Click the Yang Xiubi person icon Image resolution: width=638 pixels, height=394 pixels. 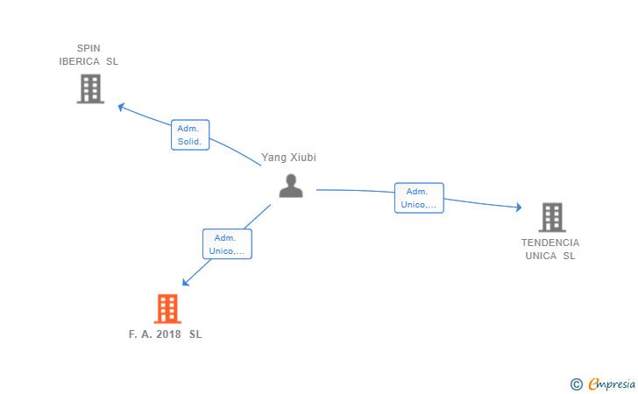(291, 185)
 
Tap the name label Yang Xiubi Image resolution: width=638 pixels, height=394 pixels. (288, 158)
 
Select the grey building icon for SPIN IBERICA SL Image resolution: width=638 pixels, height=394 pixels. (90, 88)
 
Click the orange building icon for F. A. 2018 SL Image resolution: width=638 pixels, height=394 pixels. (167, 308)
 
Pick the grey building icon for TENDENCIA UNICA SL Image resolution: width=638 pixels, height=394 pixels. (551, 217)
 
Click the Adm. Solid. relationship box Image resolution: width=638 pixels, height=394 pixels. (190, 135)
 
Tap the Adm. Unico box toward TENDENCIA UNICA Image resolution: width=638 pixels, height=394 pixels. (419, 198)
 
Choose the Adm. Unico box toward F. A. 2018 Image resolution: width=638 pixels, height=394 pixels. (227, 244)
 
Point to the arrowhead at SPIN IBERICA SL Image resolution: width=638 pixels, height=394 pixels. (122, 107)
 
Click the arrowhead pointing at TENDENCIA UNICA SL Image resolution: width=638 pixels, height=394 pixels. (519, 208)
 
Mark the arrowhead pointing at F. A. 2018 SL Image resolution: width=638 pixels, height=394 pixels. (185, 282)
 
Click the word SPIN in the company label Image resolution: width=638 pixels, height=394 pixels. (89, 48)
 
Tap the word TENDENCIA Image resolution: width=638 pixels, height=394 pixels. (550, 243)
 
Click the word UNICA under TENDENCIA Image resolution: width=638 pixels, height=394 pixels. (542, 256)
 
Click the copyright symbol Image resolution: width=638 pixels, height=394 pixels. (576, 383)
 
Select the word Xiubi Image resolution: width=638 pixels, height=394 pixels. (303, 158)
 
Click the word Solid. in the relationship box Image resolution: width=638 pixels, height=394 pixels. (190, 141)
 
